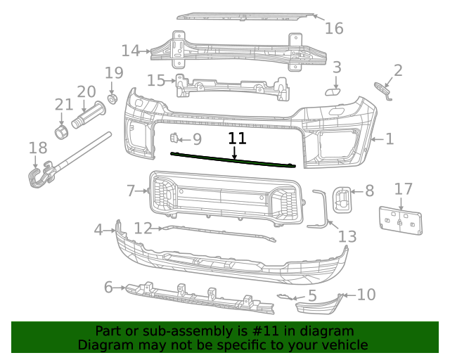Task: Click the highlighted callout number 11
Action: (x=237, y=139)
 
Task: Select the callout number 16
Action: (x=334, y=28)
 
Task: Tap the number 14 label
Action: (x=131, y=51)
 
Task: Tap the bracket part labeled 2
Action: (x=382, y=89)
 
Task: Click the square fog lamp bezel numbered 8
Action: (x=343, y=197)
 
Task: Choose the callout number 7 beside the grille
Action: (x=131, y=191)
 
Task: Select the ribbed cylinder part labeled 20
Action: (x=90, y=115)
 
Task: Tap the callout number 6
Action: (x=108, y=287)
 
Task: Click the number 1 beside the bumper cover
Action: (x=389, y=139)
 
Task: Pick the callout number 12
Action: (x=143, y=228)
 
